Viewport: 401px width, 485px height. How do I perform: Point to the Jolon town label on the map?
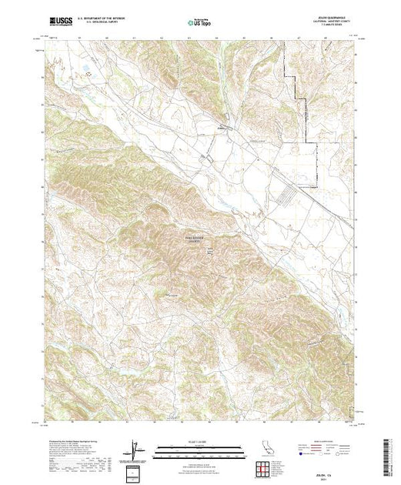(224, 128)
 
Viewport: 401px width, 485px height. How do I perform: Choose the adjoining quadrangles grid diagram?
(267, 467)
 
